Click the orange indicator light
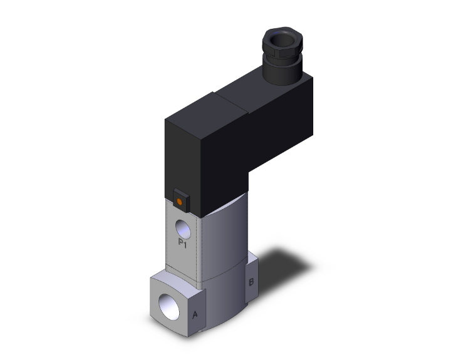pos(180,202)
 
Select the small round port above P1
pos(182,226)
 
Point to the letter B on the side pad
pos(251,282)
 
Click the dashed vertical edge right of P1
pos(199,244)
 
